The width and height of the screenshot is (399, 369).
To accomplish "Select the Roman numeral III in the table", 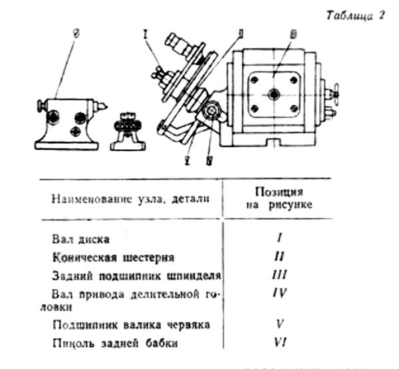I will click(280, 274).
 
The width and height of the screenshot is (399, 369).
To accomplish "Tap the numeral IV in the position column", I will click(280, 292).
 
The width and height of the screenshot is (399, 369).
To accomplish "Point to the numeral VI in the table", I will click(280, 342).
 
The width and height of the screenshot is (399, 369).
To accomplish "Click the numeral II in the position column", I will click(280, 256).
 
